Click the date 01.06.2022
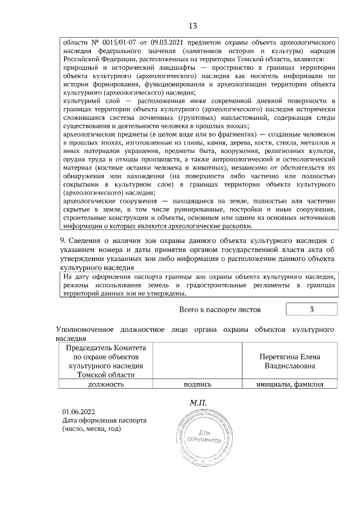(76, 412)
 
